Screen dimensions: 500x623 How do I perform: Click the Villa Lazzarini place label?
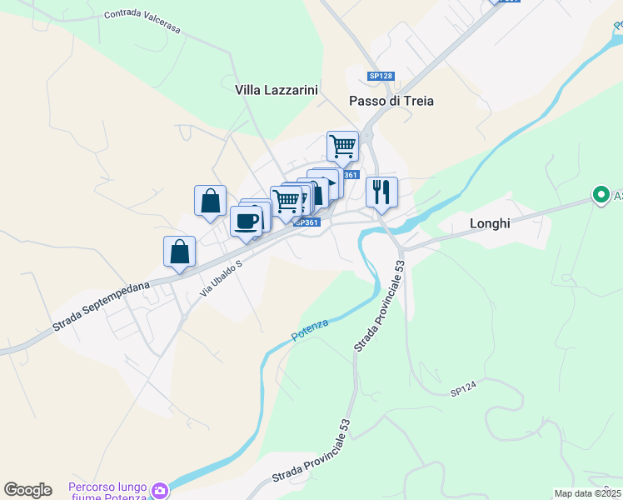(x=277, y=89)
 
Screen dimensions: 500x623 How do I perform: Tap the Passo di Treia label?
(x=391, y=101)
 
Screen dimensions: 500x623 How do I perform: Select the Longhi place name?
(x=490, y=223)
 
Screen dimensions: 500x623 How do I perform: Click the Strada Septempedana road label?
(x=101, y=305)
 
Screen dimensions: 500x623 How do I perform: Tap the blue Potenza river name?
(x=310, y=330)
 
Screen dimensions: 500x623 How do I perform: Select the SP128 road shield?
(x=380, y=77)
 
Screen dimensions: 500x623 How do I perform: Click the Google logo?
(x=27, y=490)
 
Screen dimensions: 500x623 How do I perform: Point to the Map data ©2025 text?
(x=588, y=493)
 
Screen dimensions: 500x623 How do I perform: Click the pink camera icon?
(x=159, y=491)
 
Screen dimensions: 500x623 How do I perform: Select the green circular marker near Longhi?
(x=600, y=195)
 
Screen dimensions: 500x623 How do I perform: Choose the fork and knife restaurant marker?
(x=381, y=192)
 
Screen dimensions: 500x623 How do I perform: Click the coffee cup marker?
(x=246, y=221)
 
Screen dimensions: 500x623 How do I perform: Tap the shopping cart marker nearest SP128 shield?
(x=342, y=147)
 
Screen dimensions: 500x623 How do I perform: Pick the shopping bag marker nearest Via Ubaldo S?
(x=179, y=252)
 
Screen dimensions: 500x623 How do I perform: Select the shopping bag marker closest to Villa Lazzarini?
(x=210, y=201)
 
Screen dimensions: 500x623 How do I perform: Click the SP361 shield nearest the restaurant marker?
(x=351, y=175)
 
